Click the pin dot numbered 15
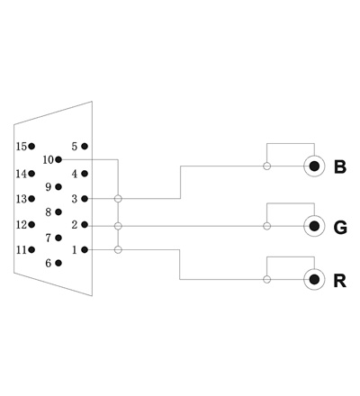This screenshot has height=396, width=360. click(31, 147)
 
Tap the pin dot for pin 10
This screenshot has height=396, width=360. click(58, 159)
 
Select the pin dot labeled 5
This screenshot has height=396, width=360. click(85, 147)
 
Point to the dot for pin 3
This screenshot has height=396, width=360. click(85, 199)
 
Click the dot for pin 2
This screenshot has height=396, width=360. click(85, 225)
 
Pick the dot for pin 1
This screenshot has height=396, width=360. click(85, 249)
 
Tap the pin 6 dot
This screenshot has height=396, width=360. click(58, 263)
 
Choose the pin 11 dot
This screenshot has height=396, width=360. click(31, 249)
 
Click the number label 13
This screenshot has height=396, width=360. click(22, 199)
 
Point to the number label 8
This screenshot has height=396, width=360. click(49, 212)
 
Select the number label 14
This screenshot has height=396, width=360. click(22, 174)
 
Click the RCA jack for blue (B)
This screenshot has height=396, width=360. click(314, 166)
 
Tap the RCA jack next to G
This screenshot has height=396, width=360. click(314, 226)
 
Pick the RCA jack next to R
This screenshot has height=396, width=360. click(314, 280)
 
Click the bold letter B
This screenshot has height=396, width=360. click(340, 167)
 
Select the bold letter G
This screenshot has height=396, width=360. click(340, 228)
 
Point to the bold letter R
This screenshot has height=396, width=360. click(340, 281)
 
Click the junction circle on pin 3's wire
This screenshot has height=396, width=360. click(118, 199)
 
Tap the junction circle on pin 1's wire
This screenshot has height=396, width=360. click(118, 249)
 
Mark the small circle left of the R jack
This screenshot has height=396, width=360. click(267, 280)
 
